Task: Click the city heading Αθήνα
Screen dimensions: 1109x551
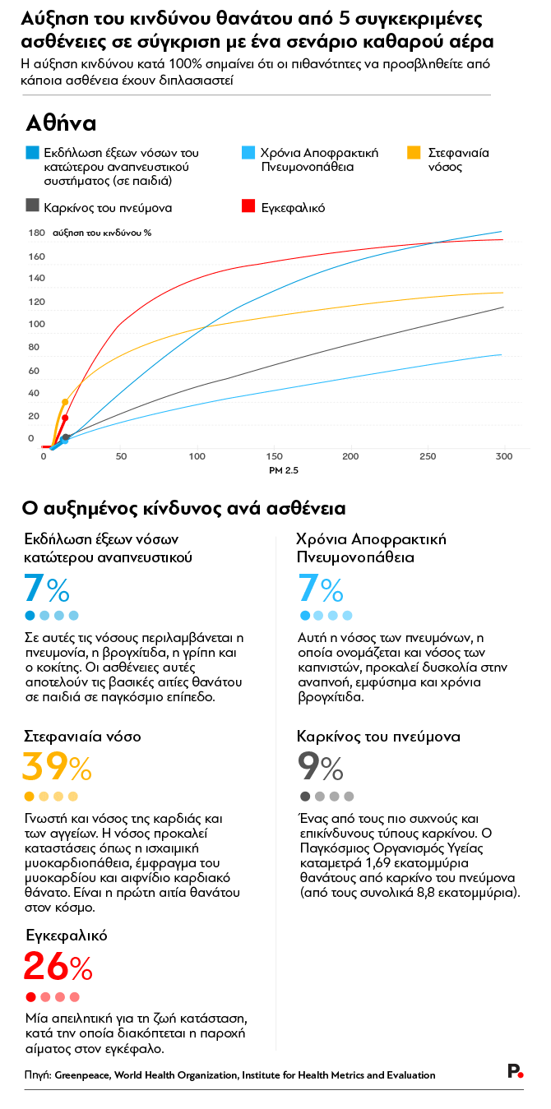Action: tap(62, 123)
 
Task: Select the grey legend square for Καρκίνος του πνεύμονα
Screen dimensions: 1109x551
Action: tap(32, 206)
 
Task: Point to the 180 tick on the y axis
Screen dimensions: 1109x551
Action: tap(36, 233)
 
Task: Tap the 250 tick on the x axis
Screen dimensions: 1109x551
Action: tap(428, 456)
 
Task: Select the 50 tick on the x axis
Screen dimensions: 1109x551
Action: tap(120, 456)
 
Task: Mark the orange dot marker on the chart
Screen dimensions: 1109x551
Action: tap(65, 402)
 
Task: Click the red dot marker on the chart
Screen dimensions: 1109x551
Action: tap(65, 418)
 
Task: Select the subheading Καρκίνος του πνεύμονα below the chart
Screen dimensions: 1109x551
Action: tap(377, 736)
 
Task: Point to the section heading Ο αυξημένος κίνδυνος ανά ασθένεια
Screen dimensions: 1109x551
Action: tap(183, 509)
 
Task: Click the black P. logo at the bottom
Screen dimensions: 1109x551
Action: tap(515, 1070)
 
